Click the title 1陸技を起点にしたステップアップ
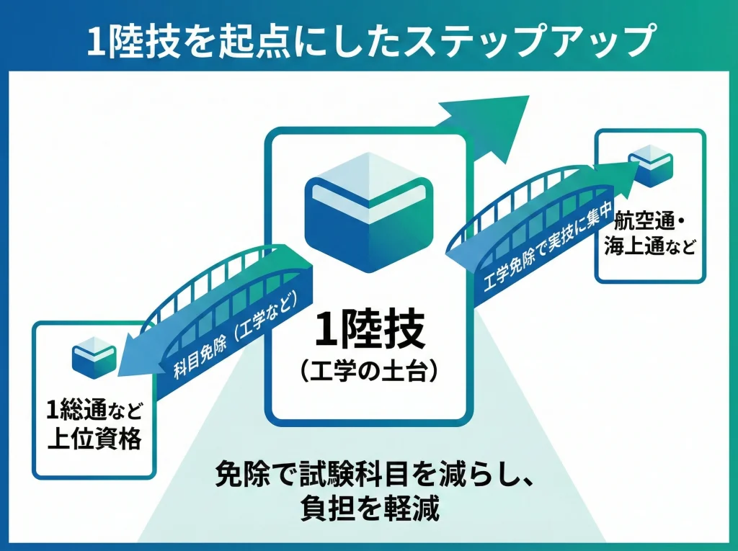point(368,41)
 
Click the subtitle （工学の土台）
point(368,372)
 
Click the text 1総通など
point(94,411)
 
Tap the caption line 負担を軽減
point(368,509)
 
